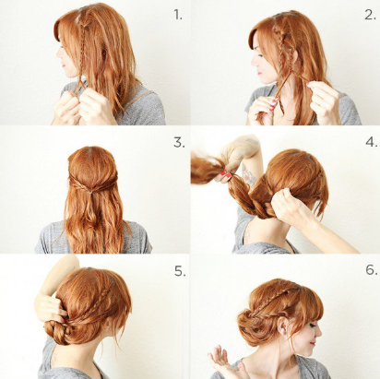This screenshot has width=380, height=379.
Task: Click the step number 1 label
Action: [178, 15]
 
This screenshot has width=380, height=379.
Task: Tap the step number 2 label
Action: [370, 15]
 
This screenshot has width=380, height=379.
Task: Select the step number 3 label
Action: [179, 143]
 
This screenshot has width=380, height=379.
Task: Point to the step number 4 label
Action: [372, 142]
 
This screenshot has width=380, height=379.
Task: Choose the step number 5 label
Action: [180, 271]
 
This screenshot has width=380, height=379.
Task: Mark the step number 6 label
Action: [372, 269]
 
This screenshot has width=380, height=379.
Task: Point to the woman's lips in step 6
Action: [313, 344]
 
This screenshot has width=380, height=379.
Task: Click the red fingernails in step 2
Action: [273, 104]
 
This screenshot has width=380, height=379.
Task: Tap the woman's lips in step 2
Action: [260, 74]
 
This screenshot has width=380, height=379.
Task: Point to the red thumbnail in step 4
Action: [228, 174]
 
